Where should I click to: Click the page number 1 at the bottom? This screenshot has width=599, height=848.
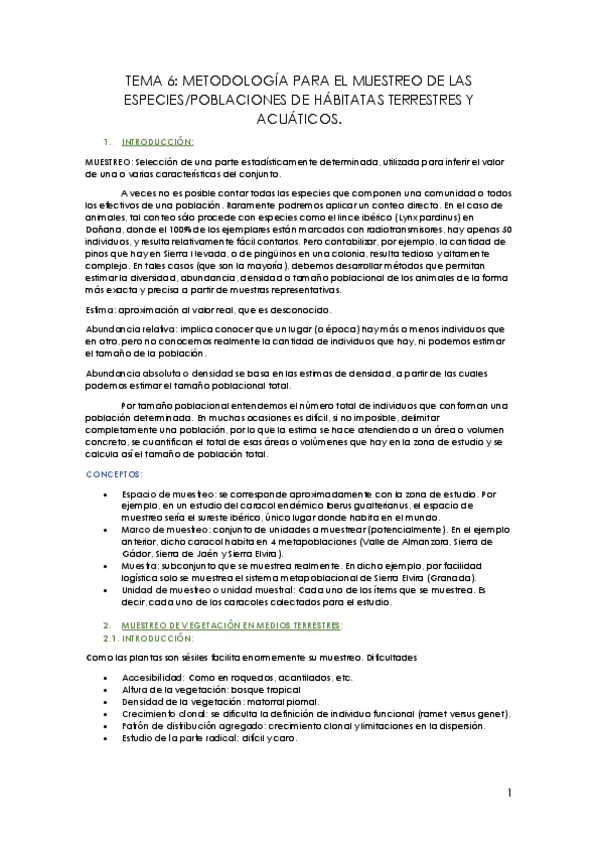point(509,794)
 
